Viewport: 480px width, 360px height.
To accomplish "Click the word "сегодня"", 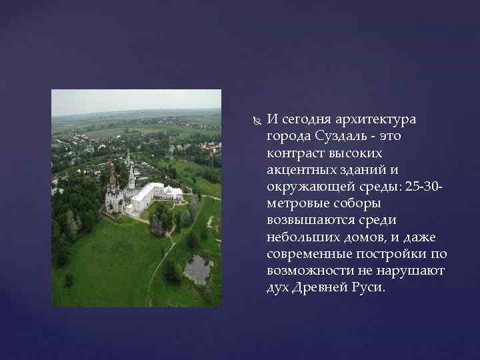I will [303, 119].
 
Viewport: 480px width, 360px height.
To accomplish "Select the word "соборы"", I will [353, 203].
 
